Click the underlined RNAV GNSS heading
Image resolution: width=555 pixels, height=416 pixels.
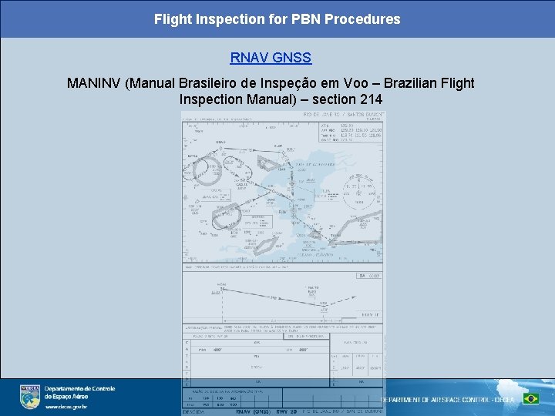coord(271,58)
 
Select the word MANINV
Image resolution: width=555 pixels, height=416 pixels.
coord(93,83)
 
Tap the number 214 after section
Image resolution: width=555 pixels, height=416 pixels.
coord(369,100)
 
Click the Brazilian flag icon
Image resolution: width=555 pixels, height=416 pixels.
coord(530,398)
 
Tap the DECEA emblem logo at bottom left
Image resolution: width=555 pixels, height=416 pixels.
coord(30,396)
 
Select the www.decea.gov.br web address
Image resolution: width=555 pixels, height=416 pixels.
coord(66,407)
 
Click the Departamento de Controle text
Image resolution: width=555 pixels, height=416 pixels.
coord(79,389)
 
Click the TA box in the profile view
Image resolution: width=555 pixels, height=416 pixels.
coord(369,275)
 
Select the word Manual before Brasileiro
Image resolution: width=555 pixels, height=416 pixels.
coord(151,83)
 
